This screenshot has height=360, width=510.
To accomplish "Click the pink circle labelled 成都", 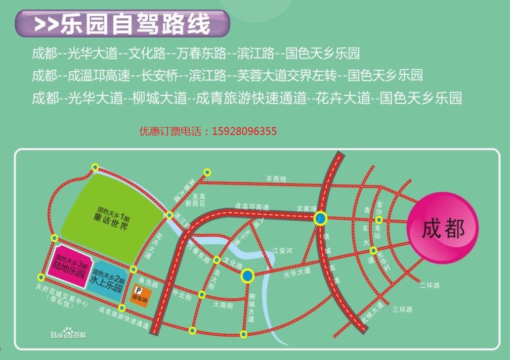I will point(443,229).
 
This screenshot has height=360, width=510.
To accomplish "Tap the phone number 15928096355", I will point(244,132).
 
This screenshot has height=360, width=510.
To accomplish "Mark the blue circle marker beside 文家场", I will point(320,218).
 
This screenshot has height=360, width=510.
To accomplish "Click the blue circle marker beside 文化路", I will point(248,275).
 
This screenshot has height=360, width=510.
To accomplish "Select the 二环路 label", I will point(429,285).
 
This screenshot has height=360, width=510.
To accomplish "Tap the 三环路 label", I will point(402,310).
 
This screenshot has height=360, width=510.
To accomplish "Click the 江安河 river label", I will point(282,251).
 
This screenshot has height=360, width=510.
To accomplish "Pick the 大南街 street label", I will point(223,306).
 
